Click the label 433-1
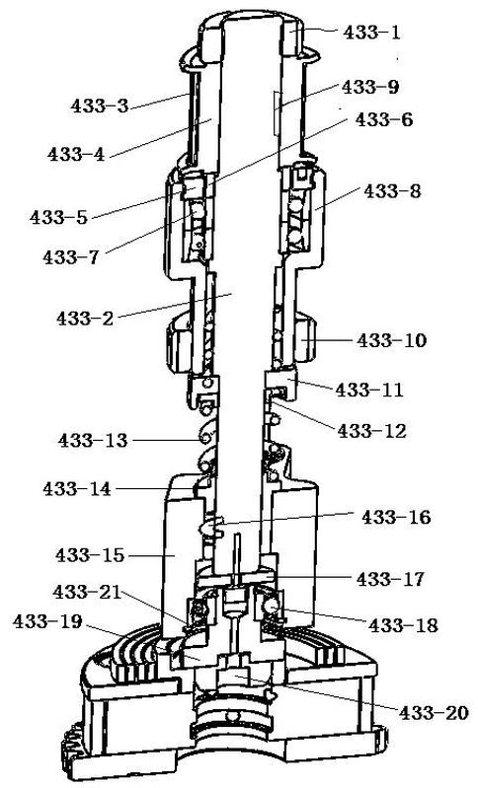coord(372,33)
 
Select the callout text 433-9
coord(370,87)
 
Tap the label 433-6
coord(384,119)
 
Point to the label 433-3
coord(100,106)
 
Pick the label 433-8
coord(392,191)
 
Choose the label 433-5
coord(58,217)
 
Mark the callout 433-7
coord(71,256)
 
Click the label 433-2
coord(85,318)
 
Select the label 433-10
coord(392,340)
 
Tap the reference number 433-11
coord(369,390)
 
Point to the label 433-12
coord(372,431)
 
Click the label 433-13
coord(93,440)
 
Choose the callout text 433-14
coord(77,488)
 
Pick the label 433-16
coord(396,517)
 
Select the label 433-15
coord(90,555)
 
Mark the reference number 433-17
coord(390,579)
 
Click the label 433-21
coord(87,592)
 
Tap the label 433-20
coord(435,712)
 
